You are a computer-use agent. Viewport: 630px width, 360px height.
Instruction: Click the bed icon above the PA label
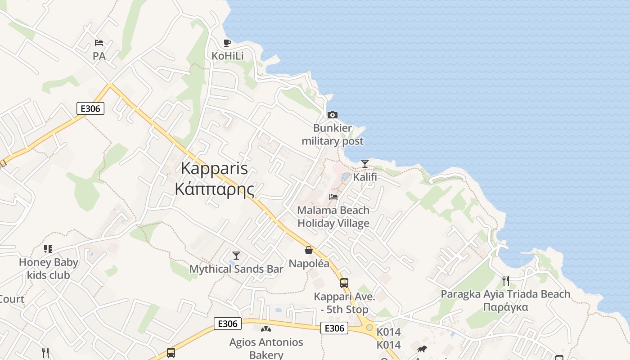coord(99,43)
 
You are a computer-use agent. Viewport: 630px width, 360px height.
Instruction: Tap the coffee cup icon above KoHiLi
coord(227,43)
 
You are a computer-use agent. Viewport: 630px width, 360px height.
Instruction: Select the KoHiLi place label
coord(227,56)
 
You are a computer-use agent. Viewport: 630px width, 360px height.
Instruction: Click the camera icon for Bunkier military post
coord(333,115)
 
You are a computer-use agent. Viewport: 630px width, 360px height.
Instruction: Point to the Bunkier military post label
coord(333,135)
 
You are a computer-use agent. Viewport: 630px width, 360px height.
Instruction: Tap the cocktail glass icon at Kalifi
coord(365,164)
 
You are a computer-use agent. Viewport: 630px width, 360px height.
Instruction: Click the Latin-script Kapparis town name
coord(214,168)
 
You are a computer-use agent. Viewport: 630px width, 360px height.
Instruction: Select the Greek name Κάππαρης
coord(214,189)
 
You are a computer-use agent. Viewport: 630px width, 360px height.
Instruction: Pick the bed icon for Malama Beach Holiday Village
coord(333,197)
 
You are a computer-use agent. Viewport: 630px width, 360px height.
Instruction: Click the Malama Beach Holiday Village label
coord(333,216)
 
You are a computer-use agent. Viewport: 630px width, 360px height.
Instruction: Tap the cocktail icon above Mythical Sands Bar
coord(236,256)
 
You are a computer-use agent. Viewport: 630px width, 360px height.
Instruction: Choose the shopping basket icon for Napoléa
coord(309,250)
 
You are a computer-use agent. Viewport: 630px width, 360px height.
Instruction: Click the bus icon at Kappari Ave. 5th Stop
coord(344,283)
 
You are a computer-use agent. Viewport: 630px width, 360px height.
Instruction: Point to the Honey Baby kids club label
coord(49,269)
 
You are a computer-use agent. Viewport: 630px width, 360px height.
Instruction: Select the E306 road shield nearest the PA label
coord(90,108)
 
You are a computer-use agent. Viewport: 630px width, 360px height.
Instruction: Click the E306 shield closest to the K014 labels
coord(334,328)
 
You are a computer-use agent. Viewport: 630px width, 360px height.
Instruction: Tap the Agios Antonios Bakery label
coord(266,348)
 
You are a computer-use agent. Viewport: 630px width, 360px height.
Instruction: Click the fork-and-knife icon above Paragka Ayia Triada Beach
coord(506,281)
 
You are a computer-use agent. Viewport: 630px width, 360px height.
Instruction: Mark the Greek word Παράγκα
coord(505,307)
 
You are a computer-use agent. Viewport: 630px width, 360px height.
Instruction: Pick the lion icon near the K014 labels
coord(422,349)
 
